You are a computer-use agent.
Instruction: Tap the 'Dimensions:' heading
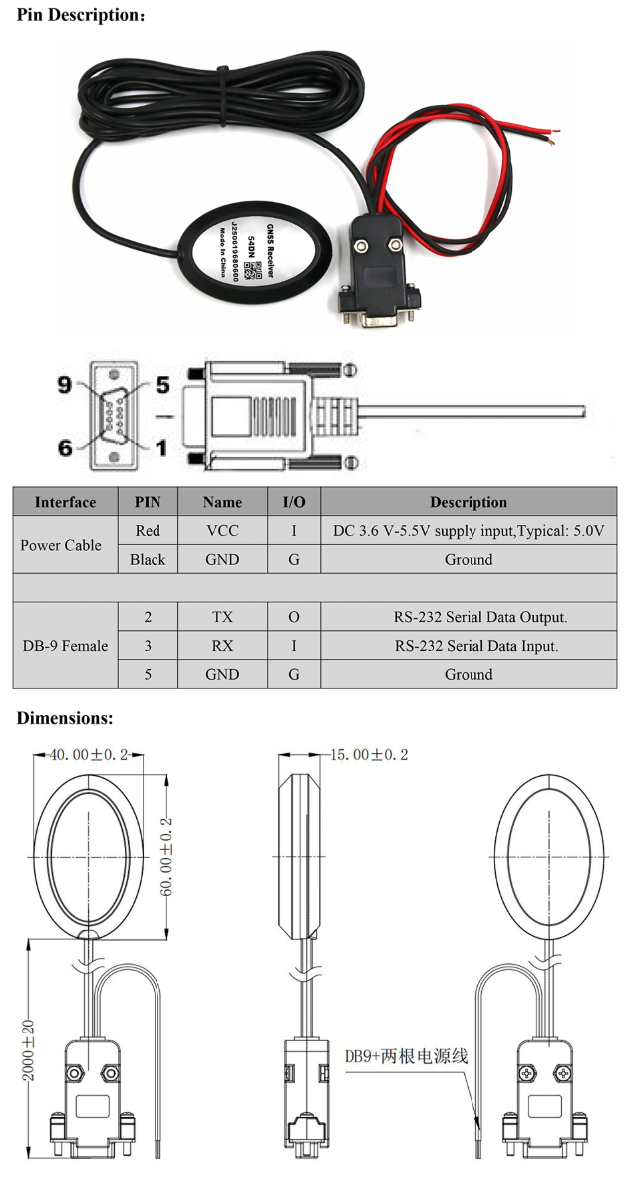pos(65,717)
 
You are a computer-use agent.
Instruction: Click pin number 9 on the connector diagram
pos(65,384)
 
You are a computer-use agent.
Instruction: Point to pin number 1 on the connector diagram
pos(160,448)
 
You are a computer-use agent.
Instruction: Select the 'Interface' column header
pos(65,502)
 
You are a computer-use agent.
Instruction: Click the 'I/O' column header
pos(293,502)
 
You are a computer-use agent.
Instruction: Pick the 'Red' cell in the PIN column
pos(148,531)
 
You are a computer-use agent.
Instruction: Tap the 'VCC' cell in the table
pos(222,531)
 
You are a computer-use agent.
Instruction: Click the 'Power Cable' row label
pos(62,545)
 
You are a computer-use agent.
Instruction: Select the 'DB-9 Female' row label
pos(65,645)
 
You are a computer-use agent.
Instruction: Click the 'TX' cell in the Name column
pos(222,617)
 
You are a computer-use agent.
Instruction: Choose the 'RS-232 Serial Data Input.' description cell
pos(468,646)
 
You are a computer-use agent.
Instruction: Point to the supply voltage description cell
pos(468,531)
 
